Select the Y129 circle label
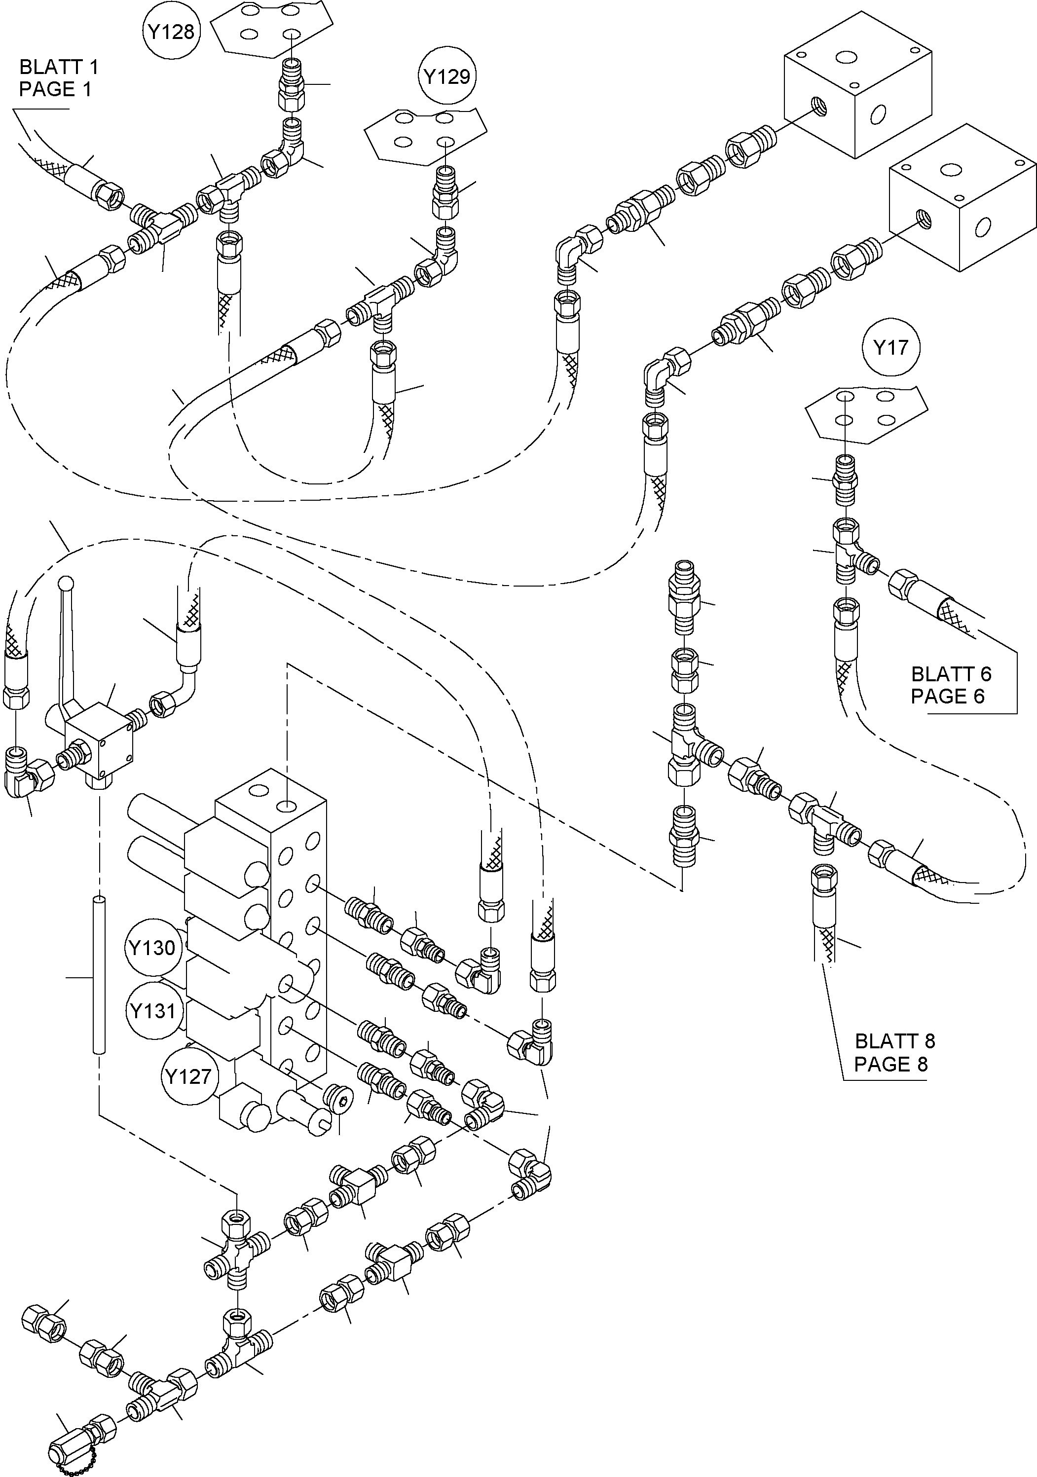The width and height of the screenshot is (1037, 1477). pyautogui.click(x=447, y=77)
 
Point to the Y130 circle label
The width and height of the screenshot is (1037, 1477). pyautogui.click(x=152, y=948)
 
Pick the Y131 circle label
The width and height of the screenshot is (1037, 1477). pyautogui.click(x=153, y=1011)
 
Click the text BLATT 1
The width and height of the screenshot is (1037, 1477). pyautogui.click(x=59, y=67)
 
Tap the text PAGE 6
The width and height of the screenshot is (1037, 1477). pyautogui.click(x=948, y=696)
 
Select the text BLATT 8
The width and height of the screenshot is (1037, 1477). pyautogui.click(x=895, y=1041)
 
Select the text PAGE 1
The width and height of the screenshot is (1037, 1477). pyautogui.click(x=55, y=89)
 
